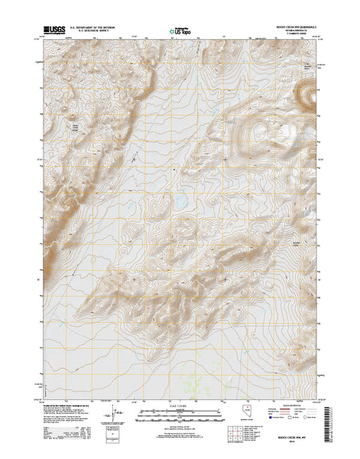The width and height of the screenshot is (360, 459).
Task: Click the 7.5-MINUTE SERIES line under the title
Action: click(x=293, y=34)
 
